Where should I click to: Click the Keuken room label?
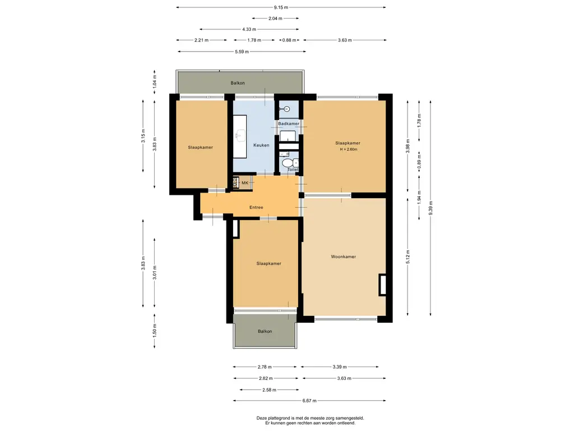261,145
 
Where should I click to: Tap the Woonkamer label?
344,256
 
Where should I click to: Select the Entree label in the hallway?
256,208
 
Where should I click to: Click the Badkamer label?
289,123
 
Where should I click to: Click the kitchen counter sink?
241,135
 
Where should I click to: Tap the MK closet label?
245,183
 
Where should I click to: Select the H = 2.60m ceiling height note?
349,149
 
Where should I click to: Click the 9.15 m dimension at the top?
281,7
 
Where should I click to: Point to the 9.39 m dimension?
431,208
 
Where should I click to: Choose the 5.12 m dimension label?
408,256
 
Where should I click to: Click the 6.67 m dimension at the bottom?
309,401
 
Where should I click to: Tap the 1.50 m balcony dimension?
155,331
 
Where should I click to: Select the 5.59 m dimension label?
242,52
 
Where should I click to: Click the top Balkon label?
238,83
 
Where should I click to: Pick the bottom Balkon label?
265,331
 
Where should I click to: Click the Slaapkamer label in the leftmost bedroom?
200,148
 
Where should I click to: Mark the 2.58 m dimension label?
269,390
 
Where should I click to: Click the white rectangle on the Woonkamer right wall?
383,285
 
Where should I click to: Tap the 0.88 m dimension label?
289,40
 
